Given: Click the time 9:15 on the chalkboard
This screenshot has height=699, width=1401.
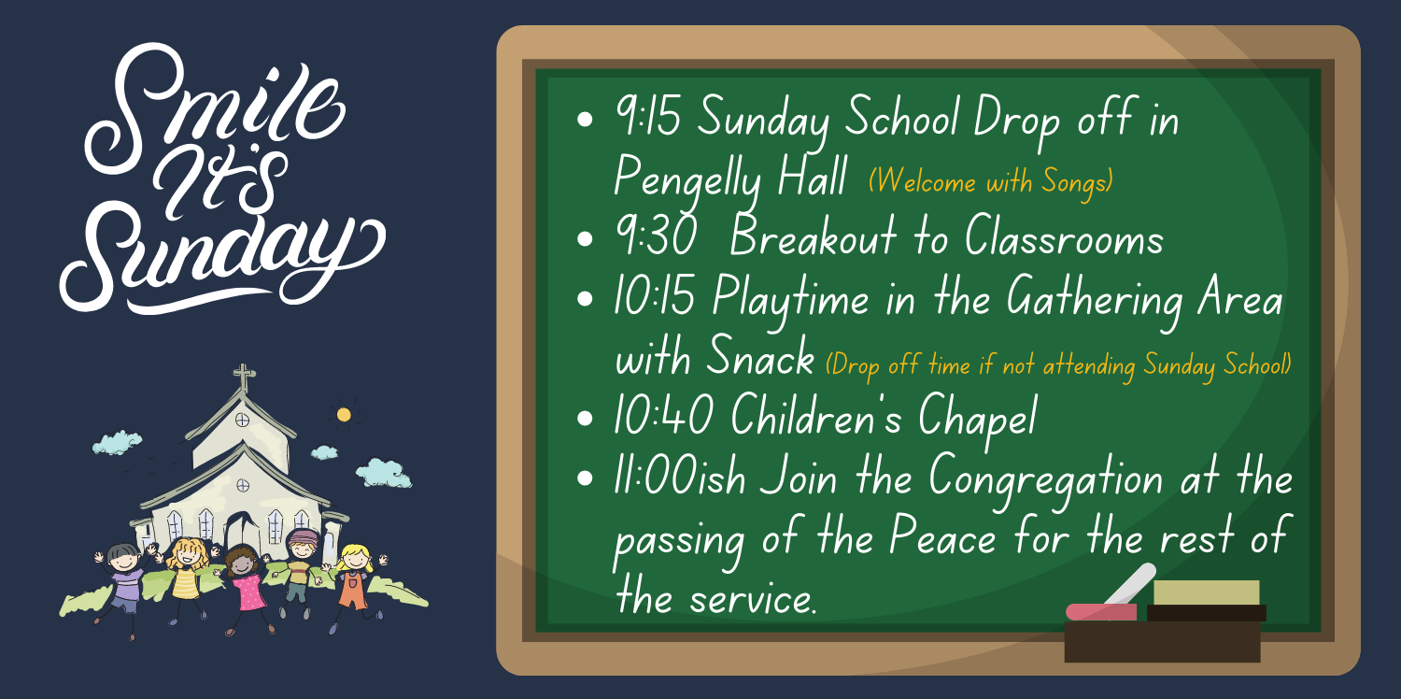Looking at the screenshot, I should click(x=647, y=119).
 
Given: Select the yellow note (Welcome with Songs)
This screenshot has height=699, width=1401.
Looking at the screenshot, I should click(x=991, y=181).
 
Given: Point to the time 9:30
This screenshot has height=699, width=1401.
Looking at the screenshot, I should click(x=656, y=239).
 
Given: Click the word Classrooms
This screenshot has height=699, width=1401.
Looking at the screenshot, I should click(x=1064, y=239).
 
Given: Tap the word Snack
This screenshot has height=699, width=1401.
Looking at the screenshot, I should click(x=759, y=360).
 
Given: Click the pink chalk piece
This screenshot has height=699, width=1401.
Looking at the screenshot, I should click(x=1100, y=612).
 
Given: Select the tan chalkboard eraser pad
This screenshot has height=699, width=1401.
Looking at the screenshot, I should click(x=1206, y=592).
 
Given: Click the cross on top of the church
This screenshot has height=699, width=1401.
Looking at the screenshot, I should click(x=244, y=378).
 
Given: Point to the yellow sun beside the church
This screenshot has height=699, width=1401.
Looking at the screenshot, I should click(x=344, y=414).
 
